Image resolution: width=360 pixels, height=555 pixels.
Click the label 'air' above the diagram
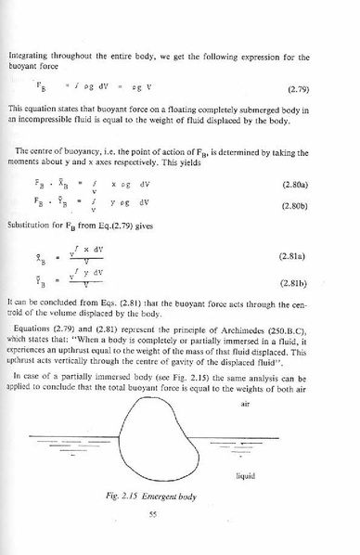245,404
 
